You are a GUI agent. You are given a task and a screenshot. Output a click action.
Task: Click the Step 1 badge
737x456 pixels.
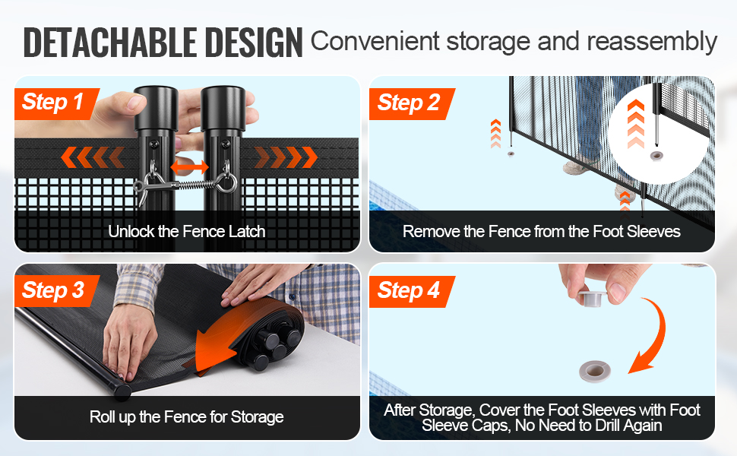point(56,103)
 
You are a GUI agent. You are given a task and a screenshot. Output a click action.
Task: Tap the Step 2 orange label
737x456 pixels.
point(412,103)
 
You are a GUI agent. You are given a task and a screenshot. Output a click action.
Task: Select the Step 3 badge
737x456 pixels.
point(56,290)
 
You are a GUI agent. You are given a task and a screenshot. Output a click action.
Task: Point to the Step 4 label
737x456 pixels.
point(412,291)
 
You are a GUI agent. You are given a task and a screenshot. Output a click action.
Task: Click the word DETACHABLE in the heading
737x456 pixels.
point(110,43)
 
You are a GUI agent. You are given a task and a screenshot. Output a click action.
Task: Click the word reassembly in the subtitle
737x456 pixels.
point(652,42)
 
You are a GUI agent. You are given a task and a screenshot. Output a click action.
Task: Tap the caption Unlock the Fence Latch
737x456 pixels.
point(187,231)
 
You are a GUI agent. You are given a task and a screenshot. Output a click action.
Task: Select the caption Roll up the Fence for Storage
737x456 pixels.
point(187,417)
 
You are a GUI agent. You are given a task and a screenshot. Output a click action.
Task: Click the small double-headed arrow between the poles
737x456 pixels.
point(189,167)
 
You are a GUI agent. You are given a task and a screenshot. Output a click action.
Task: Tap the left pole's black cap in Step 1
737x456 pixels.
point(156,108)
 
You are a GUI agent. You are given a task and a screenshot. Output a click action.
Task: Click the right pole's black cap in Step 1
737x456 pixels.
point(223,108)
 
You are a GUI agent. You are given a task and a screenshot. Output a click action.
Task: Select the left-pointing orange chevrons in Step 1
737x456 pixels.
point(93,157)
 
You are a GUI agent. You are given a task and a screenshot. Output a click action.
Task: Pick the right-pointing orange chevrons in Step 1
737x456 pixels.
point(286,157)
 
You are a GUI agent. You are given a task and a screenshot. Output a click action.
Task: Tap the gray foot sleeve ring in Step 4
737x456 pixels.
point(595,372)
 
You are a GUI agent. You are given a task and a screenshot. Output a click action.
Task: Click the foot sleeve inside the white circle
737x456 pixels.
point(655,156)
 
